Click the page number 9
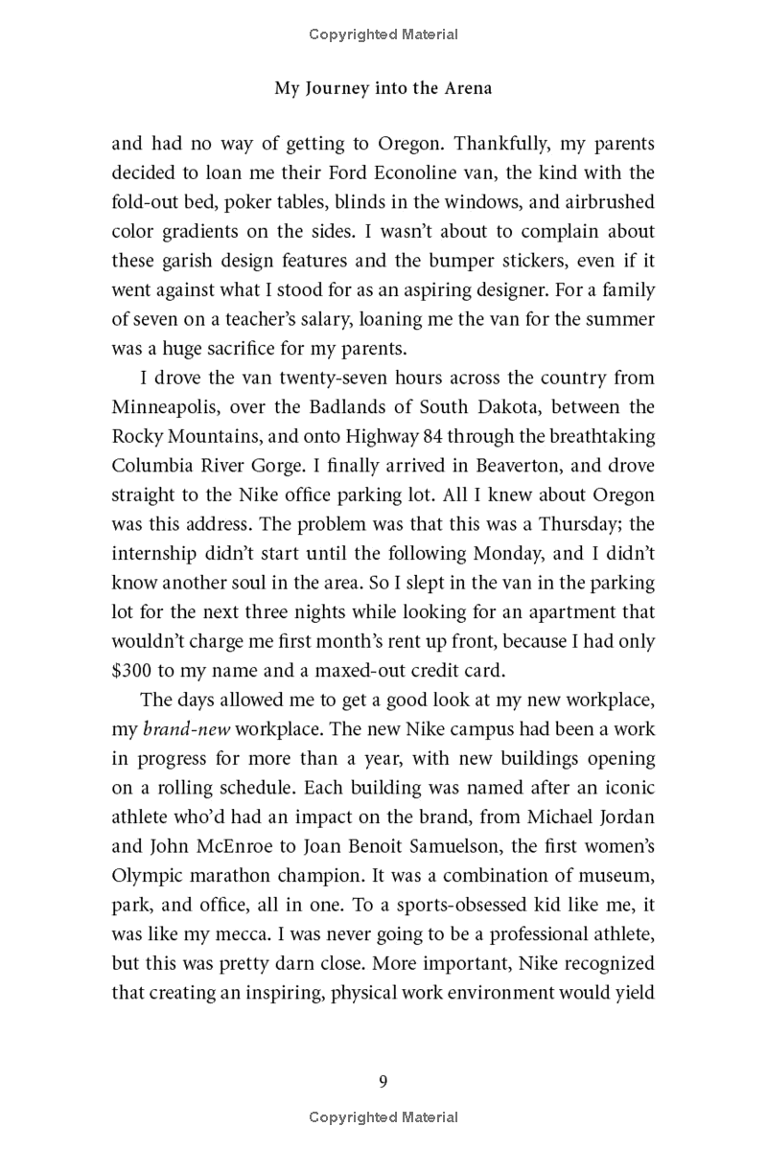tap(383, 1083)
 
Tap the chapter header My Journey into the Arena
tap(383, 88)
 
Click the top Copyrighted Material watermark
tap(383, 34)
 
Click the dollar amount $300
tap(131, 671)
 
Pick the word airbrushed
tap(603, 203)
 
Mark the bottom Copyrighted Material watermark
tap(383, 1117)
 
